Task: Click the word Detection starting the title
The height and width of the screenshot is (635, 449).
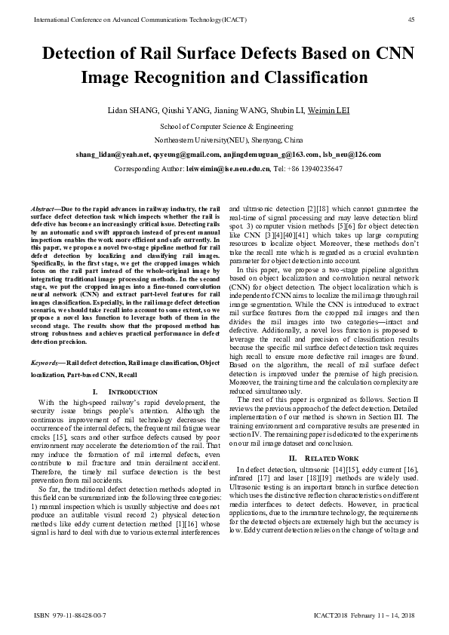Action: point(83,54)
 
